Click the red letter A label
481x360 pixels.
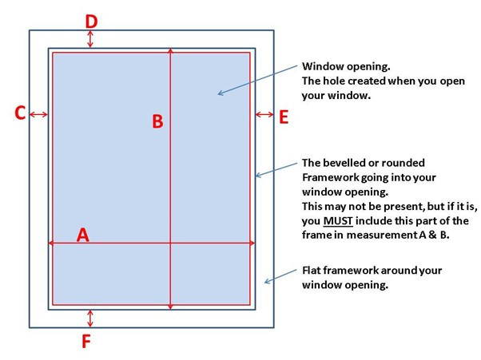pyautogui.click(x=83, y=235)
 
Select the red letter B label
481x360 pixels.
pyautogui.click(x=157, y=121)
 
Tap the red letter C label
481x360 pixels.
pyautogui.click(x=20, y=113)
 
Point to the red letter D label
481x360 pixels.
pyautogui.click(x=91, y=22)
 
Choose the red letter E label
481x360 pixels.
pyautogui.click(x=284, y=117)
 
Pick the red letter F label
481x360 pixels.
pyautogui.click(x=86, y=342)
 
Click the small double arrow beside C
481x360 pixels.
pyautogui.click(x=38, y=115)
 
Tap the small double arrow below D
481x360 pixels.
pyautogui.click(x=89, y=39)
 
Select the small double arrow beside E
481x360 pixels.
pyautogui.click(x=264, y=115)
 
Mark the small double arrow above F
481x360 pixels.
pyautogui.click(x=89, y=318)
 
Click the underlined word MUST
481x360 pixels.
pyautogui.click(x=338, y=221)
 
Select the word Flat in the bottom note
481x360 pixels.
pyautogui.click(x=311, y=271)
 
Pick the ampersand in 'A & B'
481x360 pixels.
pyautogui.click(x=432, y=235)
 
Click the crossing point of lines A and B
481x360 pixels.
pyautogui.click(x=170, y=243)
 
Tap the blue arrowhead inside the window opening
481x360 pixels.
pyautogui.click(x=221, y=93)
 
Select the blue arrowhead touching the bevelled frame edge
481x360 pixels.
pyautogui.click(x=259, y=175)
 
